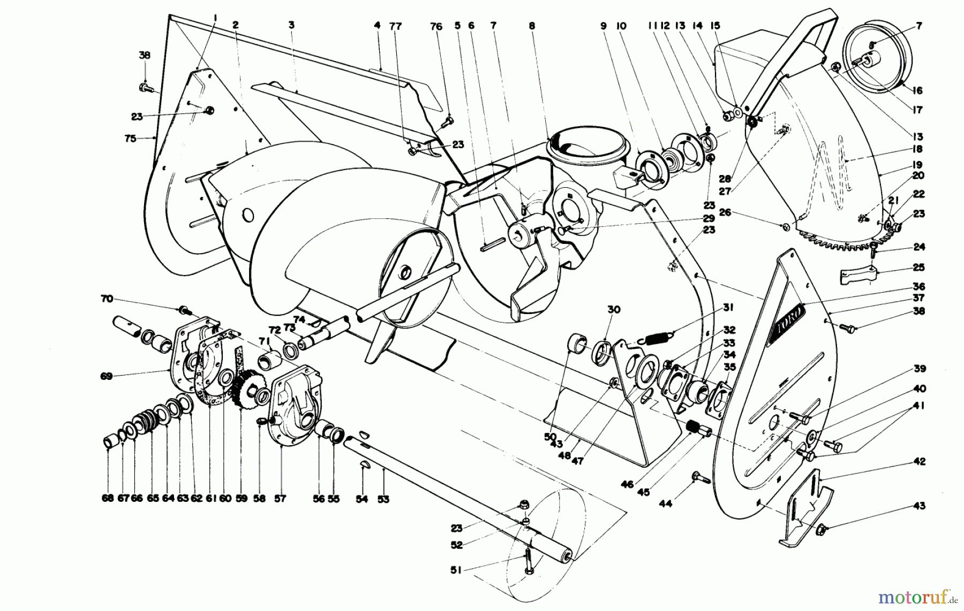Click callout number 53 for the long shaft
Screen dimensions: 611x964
382,499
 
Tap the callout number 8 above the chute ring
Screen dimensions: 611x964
531,25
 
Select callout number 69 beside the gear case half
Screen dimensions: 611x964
106,376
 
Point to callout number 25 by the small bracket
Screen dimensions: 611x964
919,268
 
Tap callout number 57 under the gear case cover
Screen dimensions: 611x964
280,499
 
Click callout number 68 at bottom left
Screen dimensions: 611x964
108,499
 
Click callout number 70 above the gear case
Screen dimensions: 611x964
107,299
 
